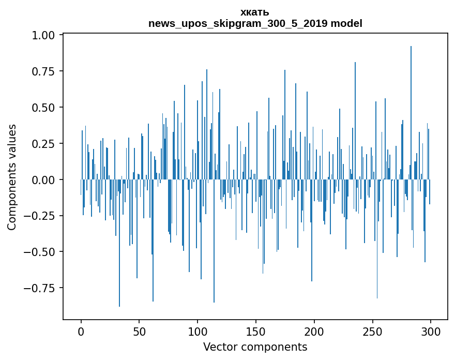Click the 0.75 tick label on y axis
pos(45,71)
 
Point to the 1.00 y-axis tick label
pos(45,35)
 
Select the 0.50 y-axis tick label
pos(45,108)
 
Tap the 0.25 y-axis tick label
pos(45,144)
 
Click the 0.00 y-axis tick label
pos(45,179)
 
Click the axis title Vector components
pos(255,347)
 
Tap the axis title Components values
pos(12,177)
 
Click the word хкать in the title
pos(255,12)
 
